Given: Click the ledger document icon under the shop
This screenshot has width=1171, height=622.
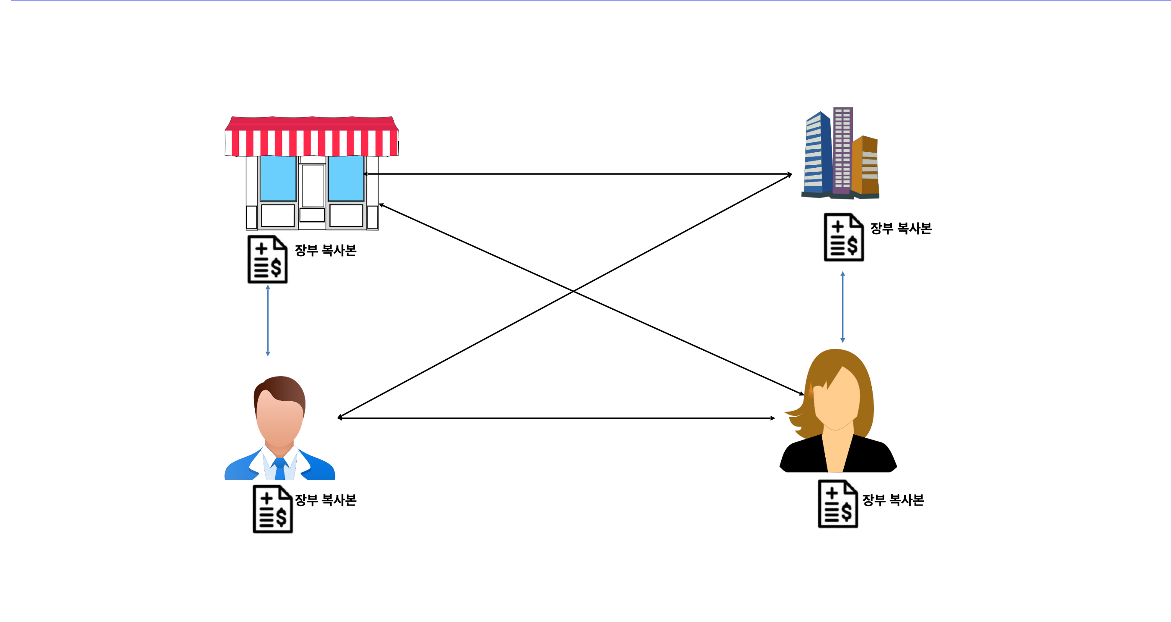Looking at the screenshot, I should [267, 259].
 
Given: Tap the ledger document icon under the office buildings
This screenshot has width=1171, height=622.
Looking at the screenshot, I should [844, 237].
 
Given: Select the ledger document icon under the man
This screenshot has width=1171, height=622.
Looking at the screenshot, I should [273, 509].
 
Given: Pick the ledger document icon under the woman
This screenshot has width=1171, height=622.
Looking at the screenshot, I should [838, 504].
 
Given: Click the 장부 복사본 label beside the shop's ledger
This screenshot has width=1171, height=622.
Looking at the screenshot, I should [326, 250].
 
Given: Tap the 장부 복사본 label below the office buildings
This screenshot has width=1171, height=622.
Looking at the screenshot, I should [901, 228].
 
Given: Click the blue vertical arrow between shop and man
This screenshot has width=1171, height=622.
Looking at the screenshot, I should [268, 320].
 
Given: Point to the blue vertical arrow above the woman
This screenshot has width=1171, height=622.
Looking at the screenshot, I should [843, 307].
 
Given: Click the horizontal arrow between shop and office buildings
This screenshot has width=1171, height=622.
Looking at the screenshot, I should [577, 174].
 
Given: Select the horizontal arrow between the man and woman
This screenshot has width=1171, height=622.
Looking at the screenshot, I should [557, 418].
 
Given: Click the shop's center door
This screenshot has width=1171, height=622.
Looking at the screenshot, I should [313, 186].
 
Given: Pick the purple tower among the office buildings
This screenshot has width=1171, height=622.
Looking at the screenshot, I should [843, 150].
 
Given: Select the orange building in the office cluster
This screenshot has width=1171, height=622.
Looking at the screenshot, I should [865, 166].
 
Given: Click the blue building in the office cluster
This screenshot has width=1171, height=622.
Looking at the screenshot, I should [818, 154].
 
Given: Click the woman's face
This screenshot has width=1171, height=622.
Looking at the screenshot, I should [837, 400].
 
